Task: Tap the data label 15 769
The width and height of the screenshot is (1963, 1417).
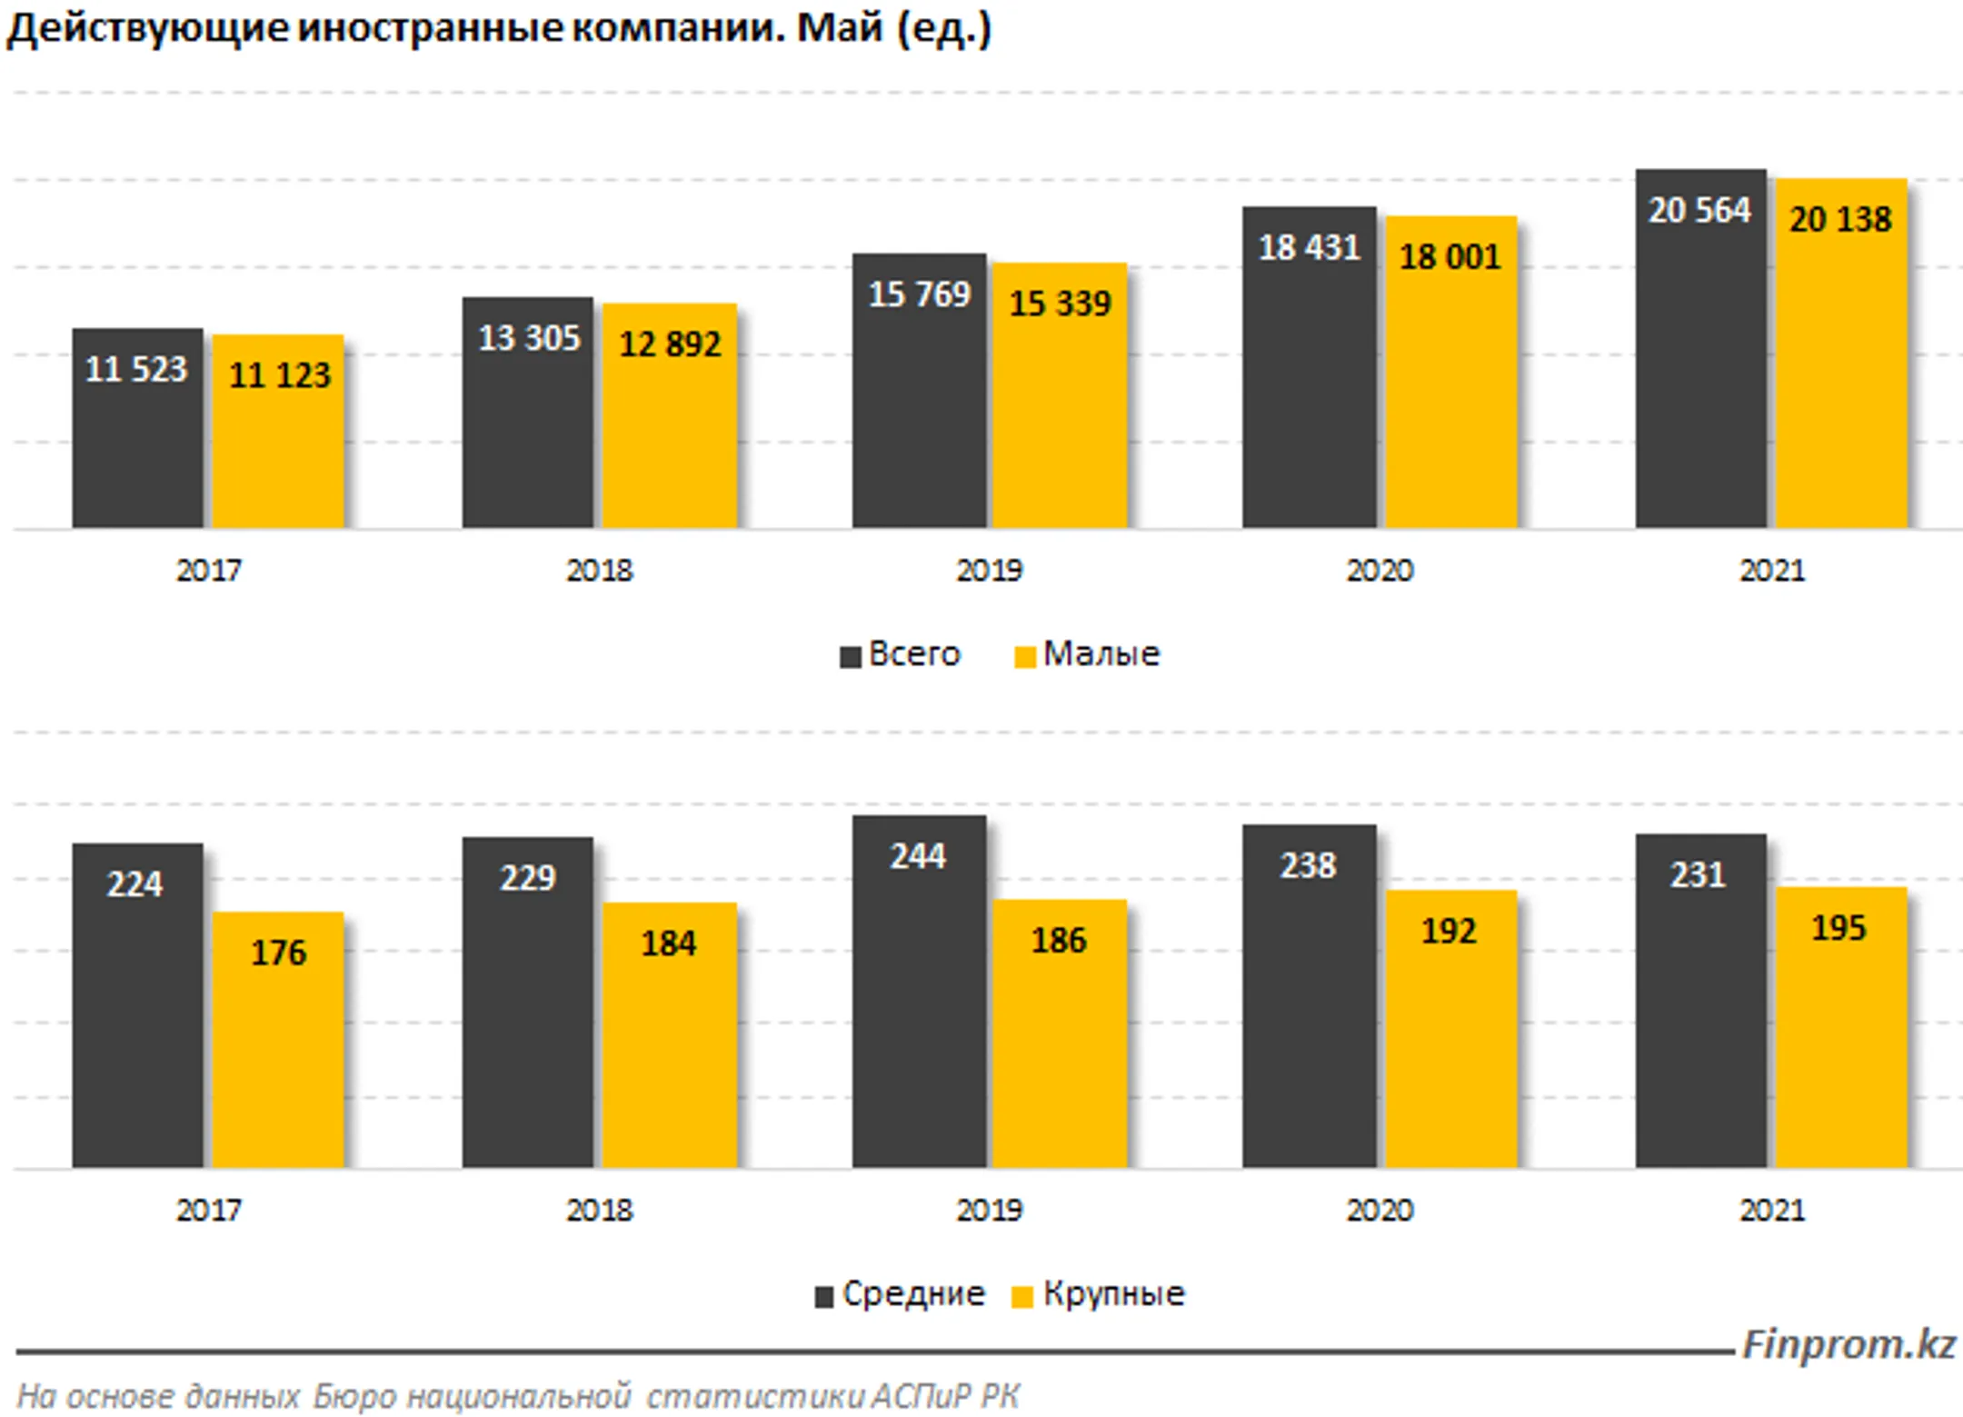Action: pyautogui.click(x=919, y=294)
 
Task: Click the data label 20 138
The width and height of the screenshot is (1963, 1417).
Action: pyautogui.click(x=1840, y=220)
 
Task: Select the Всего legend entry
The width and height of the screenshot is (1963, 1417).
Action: pyautogui.click(x=900, y=654)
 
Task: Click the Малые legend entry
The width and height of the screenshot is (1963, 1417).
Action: pyautogui.click(x=1087, y=654)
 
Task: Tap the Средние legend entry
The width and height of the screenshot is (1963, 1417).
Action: pyautogui.click(x=900, y=1294)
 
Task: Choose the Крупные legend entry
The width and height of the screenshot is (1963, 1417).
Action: pyautogui.click(x=1098, y=1294)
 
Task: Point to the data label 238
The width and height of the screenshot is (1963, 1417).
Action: pyautogui.click(x=1308, y=866)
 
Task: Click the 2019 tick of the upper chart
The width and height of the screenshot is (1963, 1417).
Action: pyautogui.click(x=989, y=571)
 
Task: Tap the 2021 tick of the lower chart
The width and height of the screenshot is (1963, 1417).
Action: pyautogui.click(x=1771, y=1211)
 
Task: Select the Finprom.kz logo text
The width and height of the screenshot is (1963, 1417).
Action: pyautogui.click(x=1848, y=1345)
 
